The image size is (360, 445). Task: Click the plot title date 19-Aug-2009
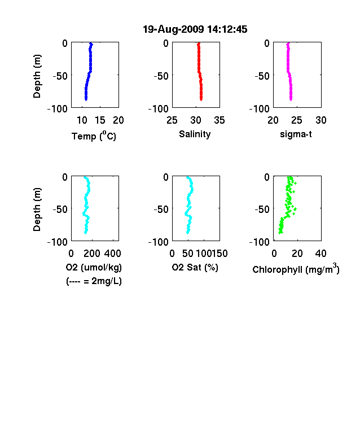tap(173, 29)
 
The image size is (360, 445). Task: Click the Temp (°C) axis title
tap(94, 136)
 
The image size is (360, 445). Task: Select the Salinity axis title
tap(195, 134)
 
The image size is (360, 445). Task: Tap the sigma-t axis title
tap(296, 134)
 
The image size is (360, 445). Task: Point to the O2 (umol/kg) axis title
tap(94, 267)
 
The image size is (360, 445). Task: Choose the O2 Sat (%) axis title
tap(195, 267)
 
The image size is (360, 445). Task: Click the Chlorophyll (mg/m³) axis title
tap(296, 269)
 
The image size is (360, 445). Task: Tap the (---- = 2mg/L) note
tap(94, 281)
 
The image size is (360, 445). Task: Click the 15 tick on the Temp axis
tap(100, 120)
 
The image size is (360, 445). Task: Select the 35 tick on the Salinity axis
tap(219, 120)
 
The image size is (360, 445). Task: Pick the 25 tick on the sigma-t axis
tap(296, 120)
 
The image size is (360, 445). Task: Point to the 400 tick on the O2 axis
tap(112, 254)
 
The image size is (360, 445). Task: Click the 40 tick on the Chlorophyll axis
tap(321, 254)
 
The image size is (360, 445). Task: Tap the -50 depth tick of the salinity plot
tap(161, 76)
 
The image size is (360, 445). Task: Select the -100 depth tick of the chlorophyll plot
tap(259, 242)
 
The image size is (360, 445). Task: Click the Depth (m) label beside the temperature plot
tap(37, 76)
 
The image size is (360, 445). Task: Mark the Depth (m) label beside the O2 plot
tap(37, 210)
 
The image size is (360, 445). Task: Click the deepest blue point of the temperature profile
tap(86, 99)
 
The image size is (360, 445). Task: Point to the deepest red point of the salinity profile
tap(201, 99)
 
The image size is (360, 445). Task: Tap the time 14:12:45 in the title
tap(227, 29)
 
